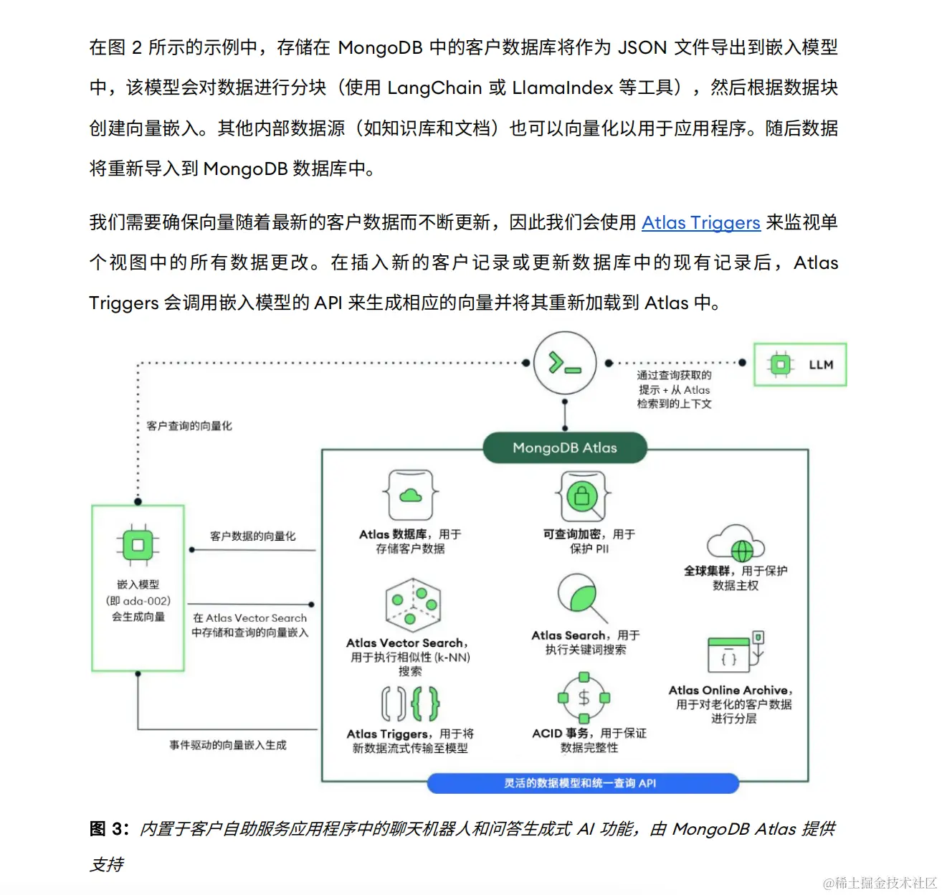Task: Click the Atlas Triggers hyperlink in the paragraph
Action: tap(700, 223)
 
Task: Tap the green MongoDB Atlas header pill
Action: tap(565, 448)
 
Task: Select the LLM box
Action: tap(800, 364)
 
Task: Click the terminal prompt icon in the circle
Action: tap(565, 364)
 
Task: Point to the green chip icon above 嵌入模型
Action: tap(138, 545)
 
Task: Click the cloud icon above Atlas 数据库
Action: tap(410, 495)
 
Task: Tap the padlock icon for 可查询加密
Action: tap(582, 495)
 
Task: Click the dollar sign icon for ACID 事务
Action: tap(584, 698)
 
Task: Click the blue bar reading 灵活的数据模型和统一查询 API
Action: tap(582, 783)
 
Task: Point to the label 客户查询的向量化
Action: tap(189, 426)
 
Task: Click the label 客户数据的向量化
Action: tap(252, 536)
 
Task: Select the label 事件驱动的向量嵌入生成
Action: tap(227, 745)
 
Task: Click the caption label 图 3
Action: tap(108, 829)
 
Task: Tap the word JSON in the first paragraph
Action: tap(642, 48)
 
